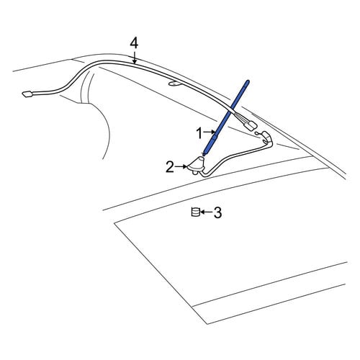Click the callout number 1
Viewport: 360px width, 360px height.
tap(199, 133)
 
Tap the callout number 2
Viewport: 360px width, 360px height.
tap(170, 167)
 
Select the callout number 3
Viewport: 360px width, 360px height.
tap(217, 212)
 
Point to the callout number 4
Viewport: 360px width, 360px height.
tap(134, 44)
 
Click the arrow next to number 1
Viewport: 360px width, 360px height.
tap(210, 132)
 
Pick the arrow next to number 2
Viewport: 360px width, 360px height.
tap(181, 166)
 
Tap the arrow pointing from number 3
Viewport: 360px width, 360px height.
tap(206, 212)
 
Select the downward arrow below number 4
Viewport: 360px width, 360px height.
tap(135, 58)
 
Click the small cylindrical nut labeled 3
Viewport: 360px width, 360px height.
tap(195, 212)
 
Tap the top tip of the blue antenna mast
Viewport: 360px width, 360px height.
tap(248, 81)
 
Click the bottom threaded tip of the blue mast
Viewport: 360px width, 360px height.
tap(204, 153)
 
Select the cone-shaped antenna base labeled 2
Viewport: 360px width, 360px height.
tap(197, 164)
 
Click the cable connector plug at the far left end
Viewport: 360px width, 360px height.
tap(28, 94)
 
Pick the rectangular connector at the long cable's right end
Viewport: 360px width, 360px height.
tap(251, 125)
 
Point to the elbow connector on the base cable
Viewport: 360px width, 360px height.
tap(267, 138)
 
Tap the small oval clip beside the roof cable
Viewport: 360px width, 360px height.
tap(174, 84)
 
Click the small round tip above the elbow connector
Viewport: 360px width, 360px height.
tap(257, 133)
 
